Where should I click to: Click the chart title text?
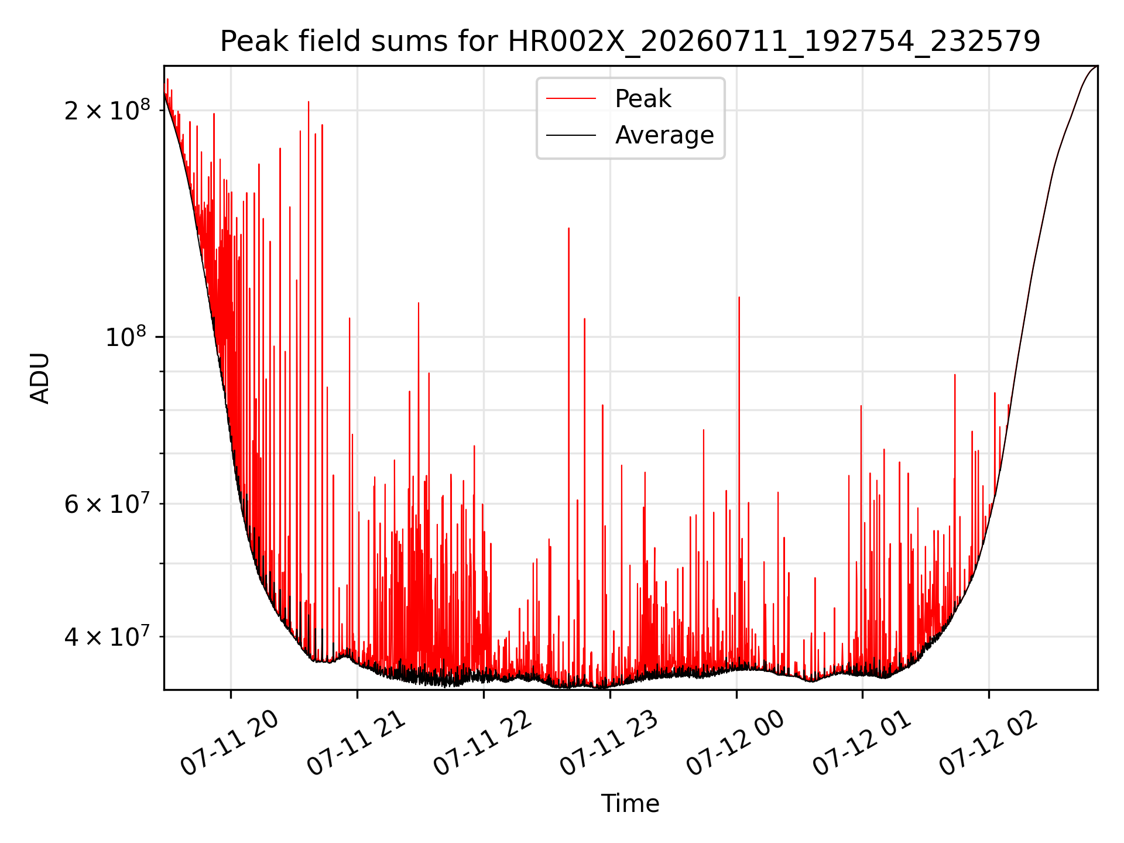(630, 42)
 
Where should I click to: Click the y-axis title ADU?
(40, 378)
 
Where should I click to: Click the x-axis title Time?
(630, 804)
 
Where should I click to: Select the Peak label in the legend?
(643, 99)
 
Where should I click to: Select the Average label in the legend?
(664, 135)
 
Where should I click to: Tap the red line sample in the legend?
(571, 99)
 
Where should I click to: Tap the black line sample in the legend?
(571, 135)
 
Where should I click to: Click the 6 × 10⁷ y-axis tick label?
(107, 503)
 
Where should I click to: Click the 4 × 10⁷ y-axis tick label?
(107, 636)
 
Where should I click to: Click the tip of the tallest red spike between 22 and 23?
(568, 228)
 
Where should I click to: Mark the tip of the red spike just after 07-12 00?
(739, 297)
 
